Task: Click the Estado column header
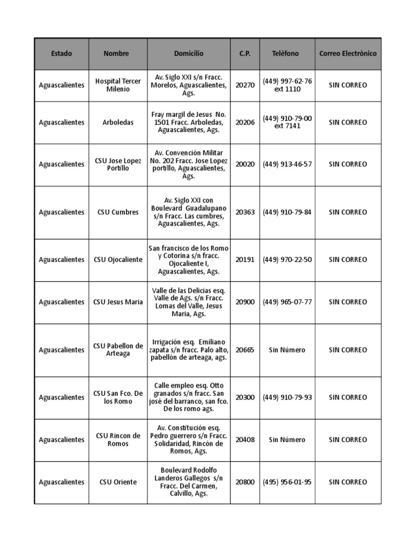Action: (61, 54)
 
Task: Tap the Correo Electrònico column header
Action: (348, 54)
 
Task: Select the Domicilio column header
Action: (189, 54)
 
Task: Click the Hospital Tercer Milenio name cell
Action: (118, 85)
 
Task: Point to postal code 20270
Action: (245, 85)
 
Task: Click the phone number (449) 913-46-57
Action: (287, 164)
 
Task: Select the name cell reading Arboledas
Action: (118, 123)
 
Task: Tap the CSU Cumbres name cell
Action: (118, 212)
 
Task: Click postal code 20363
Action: (245, 212)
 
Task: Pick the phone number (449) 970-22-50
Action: (287, 260)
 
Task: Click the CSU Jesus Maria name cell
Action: (118, 302)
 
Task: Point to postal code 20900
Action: (245, 302)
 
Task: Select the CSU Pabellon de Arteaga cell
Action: (118, 350)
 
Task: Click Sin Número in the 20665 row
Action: (287, 350)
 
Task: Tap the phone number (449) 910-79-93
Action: (287, 397)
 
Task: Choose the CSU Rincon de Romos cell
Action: (118, 439)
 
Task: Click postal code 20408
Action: (245, 439)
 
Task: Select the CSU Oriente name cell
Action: (118, 482)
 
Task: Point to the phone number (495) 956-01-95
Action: (287, 482)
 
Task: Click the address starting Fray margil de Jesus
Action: (189, 123)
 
